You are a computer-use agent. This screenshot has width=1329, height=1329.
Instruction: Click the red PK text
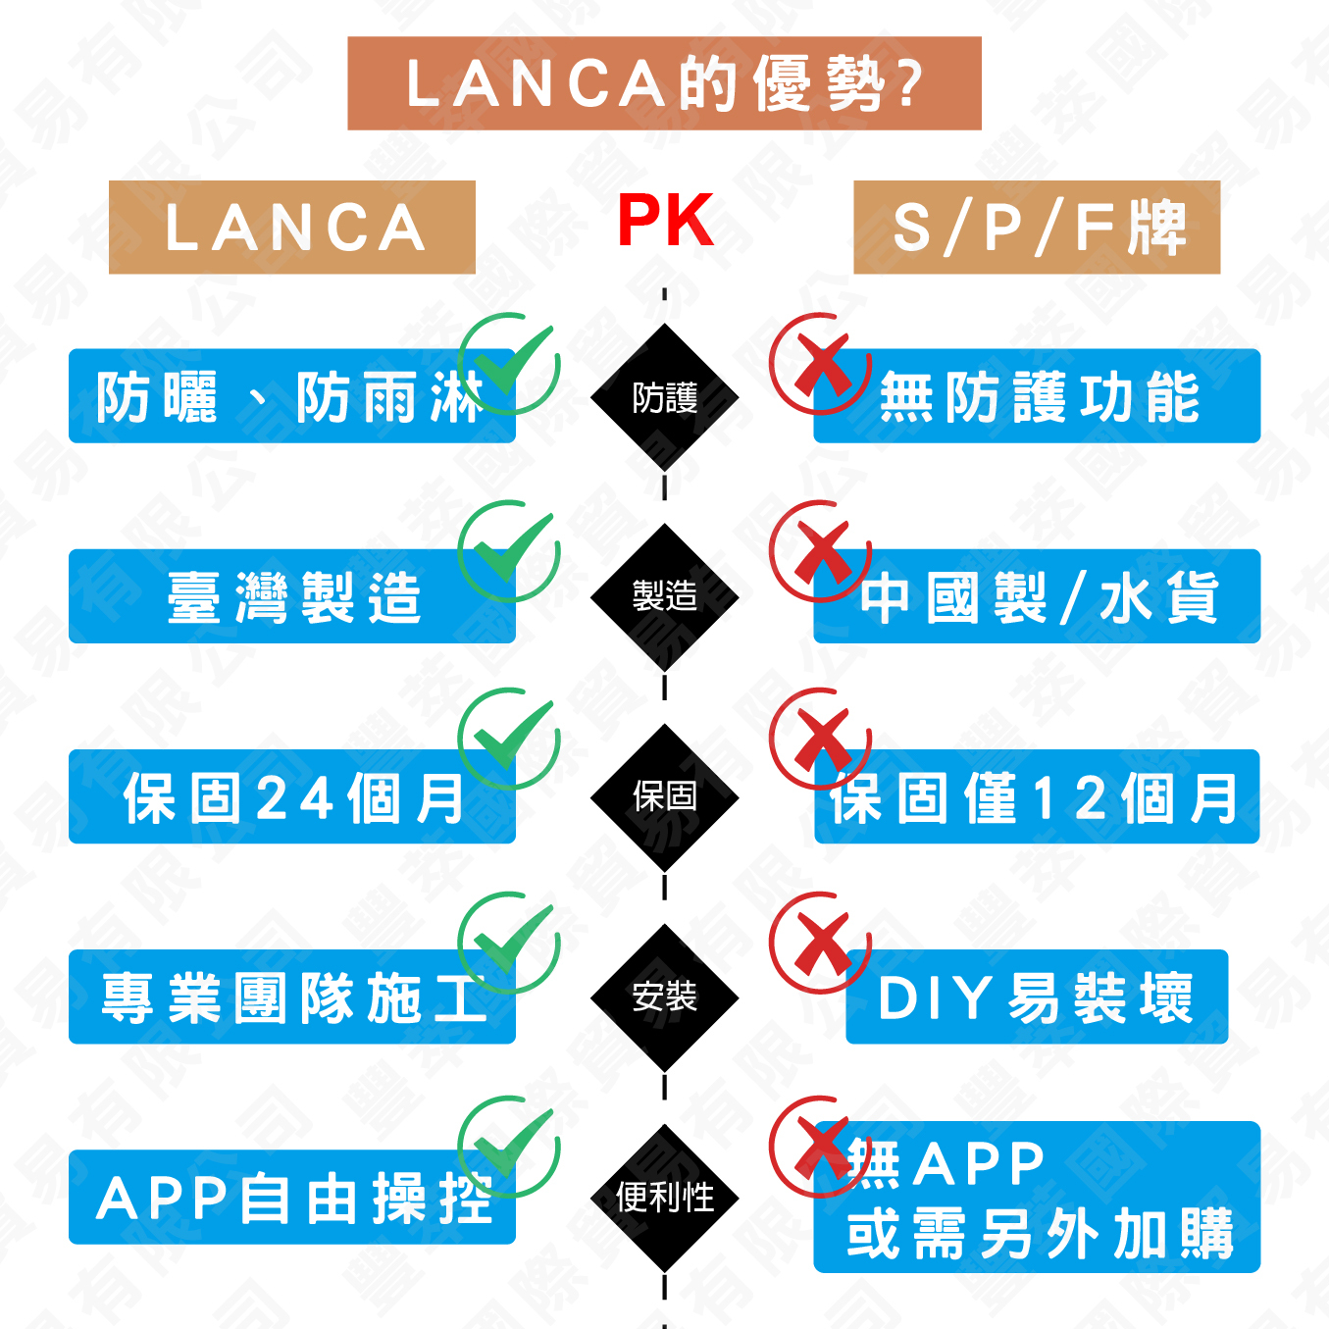click(665, 221)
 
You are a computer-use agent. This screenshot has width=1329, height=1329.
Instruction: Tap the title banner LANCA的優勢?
click(664, 83)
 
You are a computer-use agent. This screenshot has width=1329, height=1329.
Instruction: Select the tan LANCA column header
click(292, 228)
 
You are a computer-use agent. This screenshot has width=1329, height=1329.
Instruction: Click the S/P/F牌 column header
click(1037, 228)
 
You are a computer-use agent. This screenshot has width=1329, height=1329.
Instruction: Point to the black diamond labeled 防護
click(665, 397)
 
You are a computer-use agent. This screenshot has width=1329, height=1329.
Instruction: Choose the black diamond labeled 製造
click(665, 596)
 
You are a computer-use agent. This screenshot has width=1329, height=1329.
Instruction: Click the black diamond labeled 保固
click(665, 796)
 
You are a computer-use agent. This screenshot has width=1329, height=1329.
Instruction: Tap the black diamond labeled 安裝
click(665, 997)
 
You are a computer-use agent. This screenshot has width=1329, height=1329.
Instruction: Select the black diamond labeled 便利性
click(665, 1198)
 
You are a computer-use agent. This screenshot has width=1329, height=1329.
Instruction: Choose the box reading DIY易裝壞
click(1037, 997)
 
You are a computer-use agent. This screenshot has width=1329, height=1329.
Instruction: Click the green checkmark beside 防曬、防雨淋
click(509, 364)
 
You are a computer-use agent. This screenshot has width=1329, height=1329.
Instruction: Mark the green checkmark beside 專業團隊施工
click(509, 943)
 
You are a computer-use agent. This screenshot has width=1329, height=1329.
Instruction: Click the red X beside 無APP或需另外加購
click(821, 1147)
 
